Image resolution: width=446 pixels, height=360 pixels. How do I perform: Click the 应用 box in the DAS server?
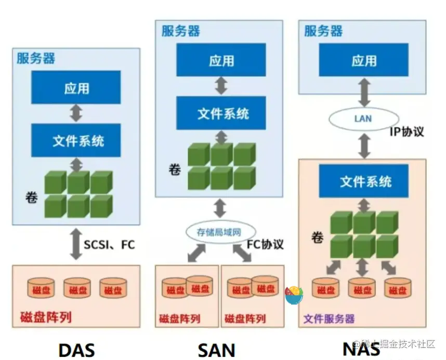pos(76,88)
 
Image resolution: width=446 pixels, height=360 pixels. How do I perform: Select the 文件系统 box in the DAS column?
pos(76,140)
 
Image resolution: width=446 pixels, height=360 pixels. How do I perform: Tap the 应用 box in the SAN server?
pos(221,60)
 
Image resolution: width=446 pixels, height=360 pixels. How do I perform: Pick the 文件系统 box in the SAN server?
pos(221,113)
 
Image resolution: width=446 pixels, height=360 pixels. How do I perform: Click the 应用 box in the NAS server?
pos(363,60)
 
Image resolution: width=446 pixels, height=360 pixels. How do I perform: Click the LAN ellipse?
pos(363,118)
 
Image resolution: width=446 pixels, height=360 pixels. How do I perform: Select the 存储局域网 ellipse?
pos(219,232)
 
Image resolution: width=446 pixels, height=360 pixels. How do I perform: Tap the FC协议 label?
pos(265,244)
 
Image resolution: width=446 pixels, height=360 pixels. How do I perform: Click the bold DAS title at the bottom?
pos(76,350)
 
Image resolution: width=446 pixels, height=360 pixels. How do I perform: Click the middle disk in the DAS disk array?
pos(77,288)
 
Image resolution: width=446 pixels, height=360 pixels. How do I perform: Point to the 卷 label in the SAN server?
pos(174,169)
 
